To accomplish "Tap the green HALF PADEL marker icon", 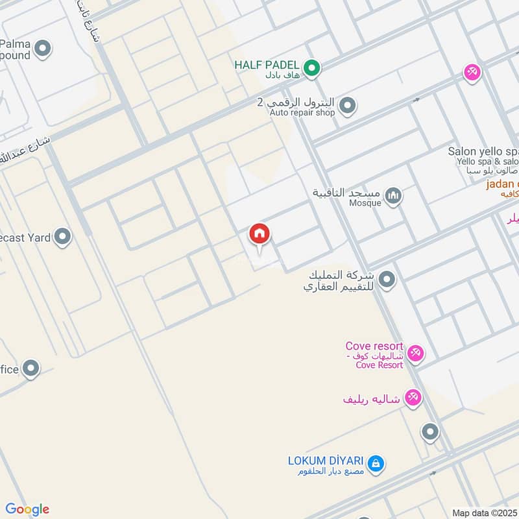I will tap(312, 67).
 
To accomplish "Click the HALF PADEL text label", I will tap(267, 65).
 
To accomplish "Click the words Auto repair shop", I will tap(302, 113).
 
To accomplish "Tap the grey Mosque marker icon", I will tap(393, 195).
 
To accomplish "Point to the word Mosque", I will tap(365, 202).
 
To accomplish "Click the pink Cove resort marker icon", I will tap(416, 354).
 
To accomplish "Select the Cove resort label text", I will tap(374, 347).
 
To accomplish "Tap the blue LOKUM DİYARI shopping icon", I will tap(375, 464).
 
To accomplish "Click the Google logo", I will tap(27, 509).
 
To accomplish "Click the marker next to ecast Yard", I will tap(62, 237).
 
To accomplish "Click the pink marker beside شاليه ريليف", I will tap(413, 397).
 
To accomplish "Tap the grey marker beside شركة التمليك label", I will tap(387, 280).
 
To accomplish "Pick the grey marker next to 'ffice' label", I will tap(30, 369).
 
